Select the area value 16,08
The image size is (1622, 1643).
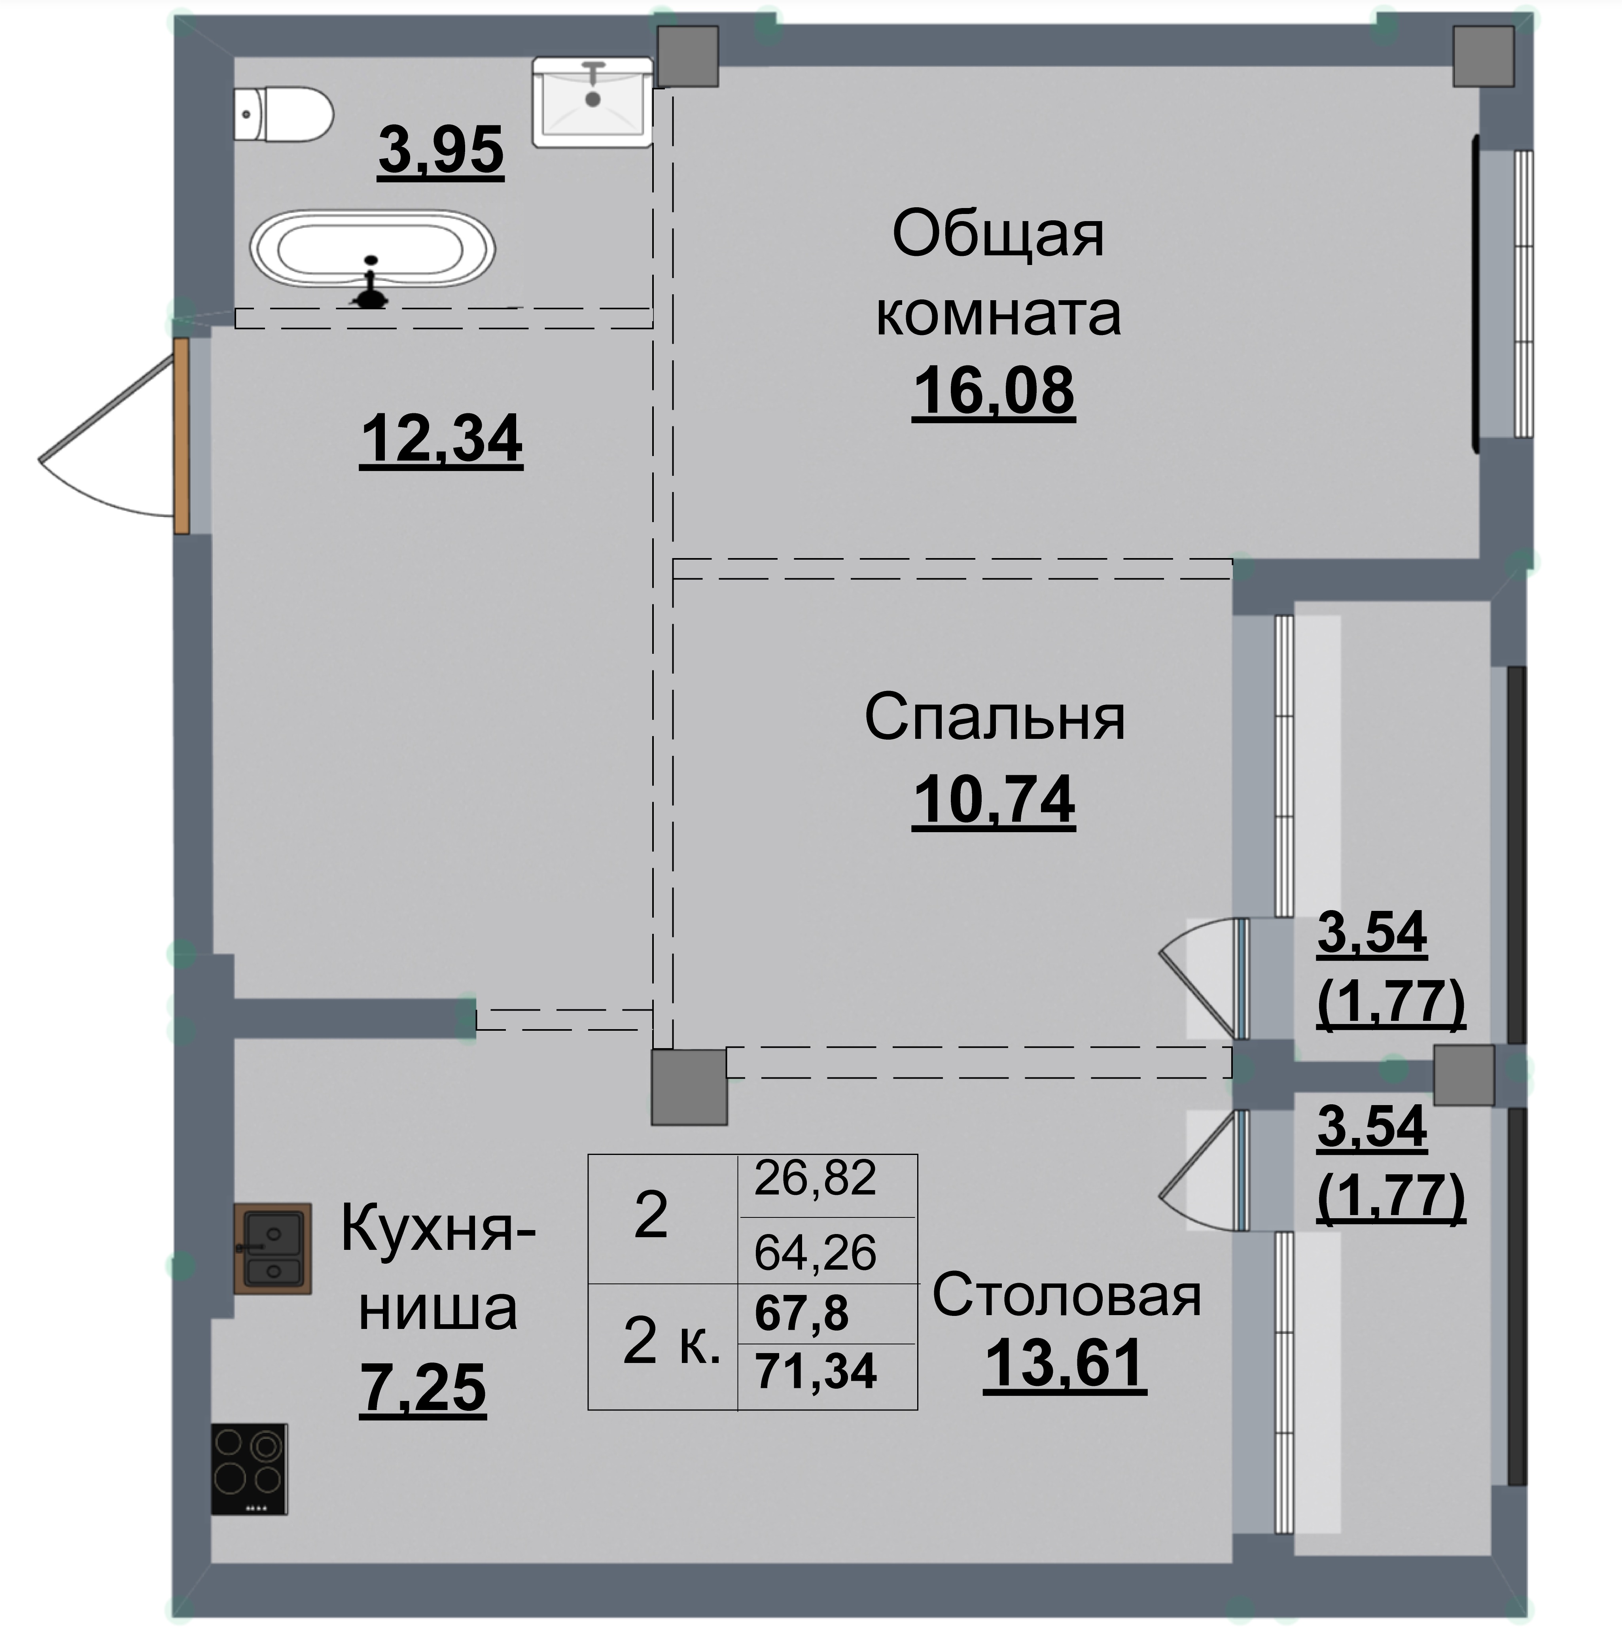[994, 391]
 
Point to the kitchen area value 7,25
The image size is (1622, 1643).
[423, 1387]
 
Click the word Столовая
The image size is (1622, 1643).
[1067, 1296]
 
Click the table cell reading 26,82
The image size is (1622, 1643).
[815, 1179]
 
